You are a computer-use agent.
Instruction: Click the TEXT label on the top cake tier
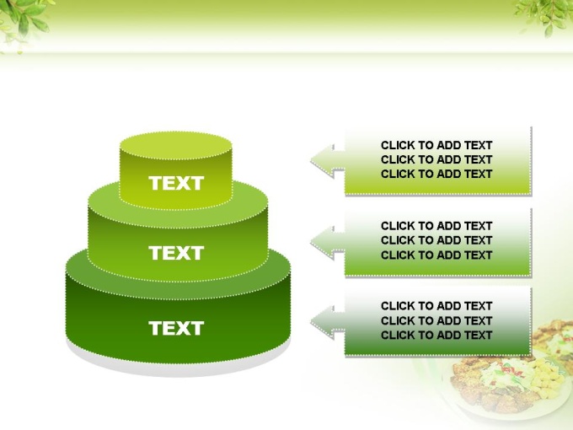coord(176,183)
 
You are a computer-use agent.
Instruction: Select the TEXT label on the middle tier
coord(176,253)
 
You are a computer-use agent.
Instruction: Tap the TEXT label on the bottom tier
coord(176,328)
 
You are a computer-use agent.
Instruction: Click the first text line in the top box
coord(436,145)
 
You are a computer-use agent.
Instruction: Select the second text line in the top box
coord(436,159)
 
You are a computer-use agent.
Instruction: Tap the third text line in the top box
coord(436,174)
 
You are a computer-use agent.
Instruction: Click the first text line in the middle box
coord(436,226)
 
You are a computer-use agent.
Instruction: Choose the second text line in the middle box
coord(436,240)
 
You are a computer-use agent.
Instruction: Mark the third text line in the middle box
coord(436,255)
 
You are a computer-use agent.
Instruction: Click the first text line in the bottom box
coord(436,306)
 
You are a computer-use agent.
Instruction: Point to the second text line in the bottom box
coord(436,320)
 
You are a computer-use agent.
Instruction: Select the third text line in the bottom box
coord(436,335)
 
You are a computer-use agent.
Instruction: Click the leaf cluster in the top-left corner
coord(23,23)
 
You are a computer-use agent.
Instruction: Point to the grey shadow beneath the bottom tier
coord(179,366)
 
